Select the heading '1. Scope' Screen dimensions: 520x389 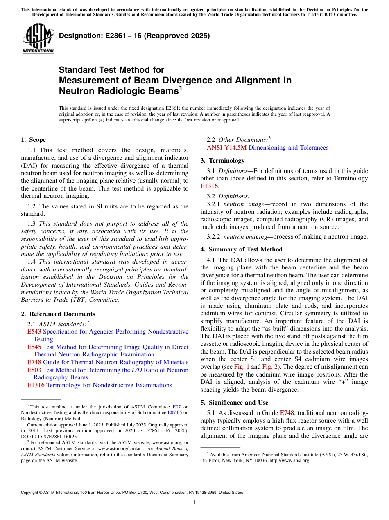pos(33,140)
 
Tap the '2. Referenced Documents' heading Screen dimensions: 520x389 pos(58,314)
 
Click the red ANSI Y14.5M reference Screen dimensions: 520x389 pos(226,148)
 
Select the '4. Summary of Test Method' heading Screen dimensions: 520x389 pos(241,249)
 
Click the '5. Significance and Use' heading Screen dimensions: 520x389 pos(234,403)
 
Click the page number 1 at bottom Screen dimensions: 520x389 pos(194,502)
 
